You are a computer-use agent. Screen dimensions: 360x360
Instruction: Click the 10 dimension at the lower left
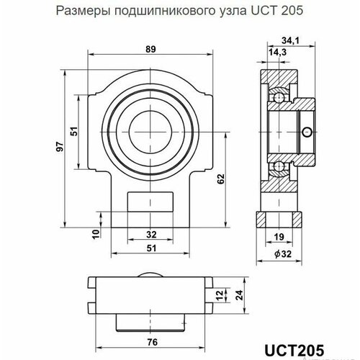(95, 233)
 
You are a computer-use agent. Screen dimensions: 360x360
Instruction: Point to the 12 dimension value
(219, 294)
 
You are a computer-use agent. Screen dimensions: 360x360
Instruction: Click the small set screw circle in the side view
(307, 130)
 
